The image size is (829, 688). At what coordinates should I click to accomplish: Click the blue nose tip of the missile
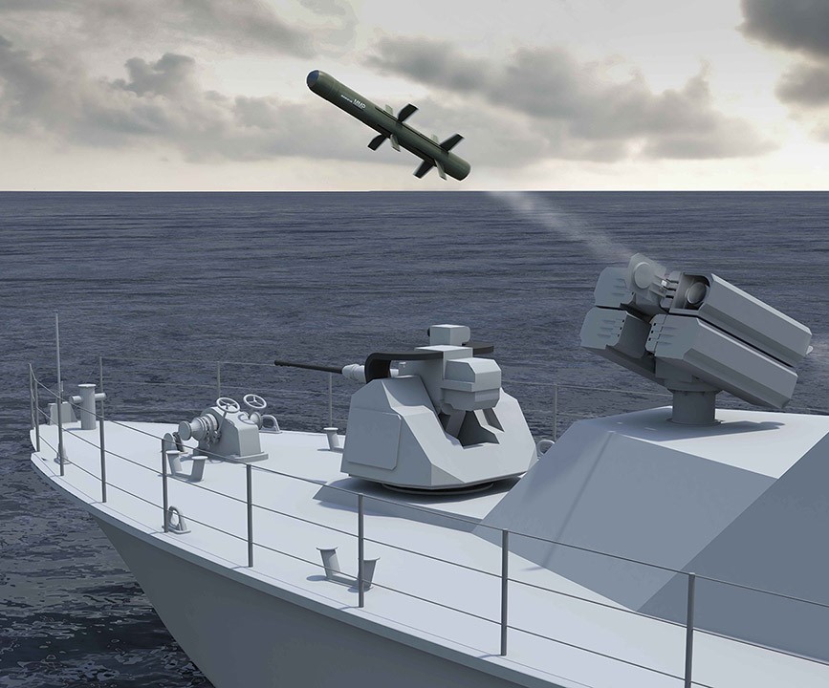pyautogui.click(x=312, y=77)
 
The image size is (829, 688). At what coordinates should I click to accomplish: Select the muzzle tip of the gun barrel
pyautogui.click(x=278, y=362)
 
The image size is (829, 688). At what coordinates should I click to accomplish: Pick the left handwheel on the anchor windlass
pyautogui.click(x=228, y=405)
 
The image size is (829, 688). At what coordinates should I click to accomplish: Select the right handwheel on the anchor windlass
pyautogui.click(x=254, y=401)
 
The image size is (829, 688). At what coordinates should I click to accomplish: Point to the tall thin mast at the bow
pyautogui.click(x=57, y=363)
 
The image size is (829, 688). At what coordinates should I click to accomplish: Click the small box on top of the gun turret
pyautogui.click(x=448, y=335)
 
